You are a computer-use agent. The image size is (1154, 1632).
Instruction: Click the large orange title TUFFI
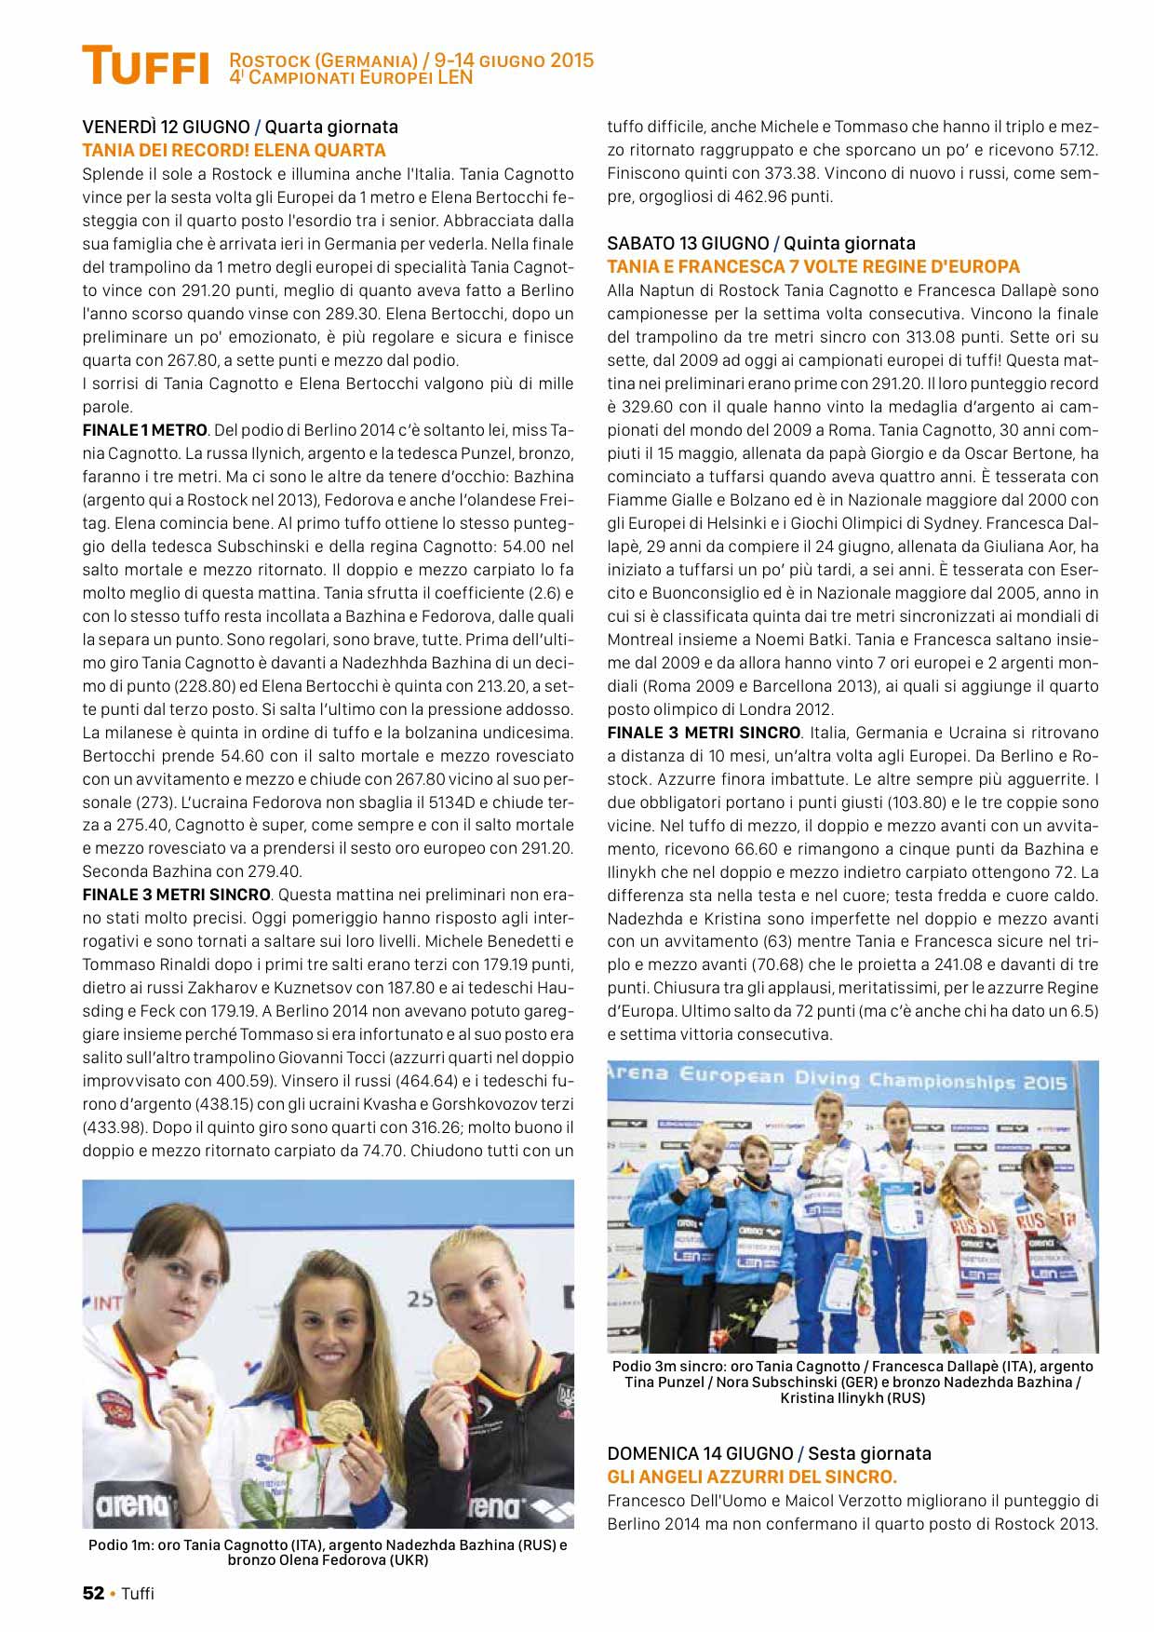tap(145, 67)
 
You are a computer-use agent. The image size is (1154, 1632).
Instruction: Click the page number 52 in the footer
tap(93, 1593)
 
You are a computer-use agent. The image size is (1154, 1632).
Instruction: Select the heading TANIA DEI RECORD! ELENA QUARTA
tap(234, 150)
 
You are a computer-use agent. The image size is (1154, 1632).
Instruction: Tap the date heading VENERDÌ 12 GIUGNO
tap(166, 127)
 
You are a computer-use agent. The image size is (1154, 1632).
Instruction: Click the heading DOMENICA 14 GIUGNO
tap(699, 1453)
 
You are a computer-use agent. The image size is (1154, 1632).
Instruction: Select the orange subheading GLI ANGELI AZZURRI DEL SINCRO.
tap(752, 1477)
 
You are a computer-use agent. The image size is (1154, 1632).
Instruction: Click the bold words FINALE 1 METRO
tap(144, 430)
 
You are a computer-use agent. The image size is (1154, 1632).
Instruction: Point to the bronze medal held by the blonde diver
tap(456, 1365)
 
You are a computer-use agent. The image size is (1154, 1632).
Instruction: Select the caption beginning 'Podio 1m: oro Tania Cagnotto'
tap(328, 1552)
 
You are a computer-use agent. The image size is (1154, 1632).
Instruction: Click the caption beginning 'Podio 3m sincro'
tap(852, 1382)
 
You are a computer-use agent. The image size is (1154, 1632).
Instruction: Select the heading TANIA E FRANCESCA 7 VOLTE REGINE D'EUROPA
tap(813, 266)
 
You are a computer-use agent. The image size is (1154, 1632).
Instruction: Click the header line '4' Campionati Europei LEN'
tap(351, 78)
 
